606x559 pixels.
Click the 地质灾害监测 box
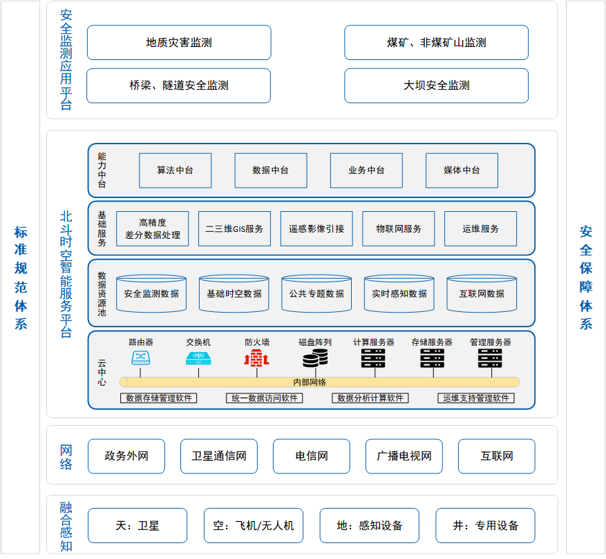point(179,43)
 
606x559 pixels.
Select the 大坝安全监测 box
point(436,86)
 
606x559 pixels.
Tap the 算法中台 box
point(175,170)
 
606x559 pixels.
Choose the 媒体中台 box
point(462,170)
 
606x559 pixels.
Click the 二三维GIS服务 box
point(234,228)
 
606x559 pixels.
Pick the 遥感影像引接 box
point(316,228)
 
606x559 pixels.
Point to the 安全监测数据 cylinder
point(151,293)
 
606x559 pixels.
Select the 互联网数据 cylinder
point(482,293)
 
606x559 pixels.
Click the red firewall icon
point(256,358)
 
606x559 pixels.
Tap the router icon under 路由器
point(141,358)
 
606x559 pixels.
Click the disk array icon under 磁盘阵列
point(315,358)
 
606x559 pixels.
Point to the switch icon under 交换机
point(198,358)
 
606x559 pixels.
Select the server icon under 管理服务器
point(490,358)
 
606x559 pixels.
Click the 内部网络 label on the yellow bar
point(310,382)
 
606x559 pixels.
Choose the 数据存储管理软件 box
point(159,398)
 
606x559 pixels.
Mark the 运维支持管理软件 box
point(476,398)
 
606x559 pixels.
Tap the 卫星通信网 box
point(219,456)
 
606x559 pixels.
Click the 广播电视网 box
point(404,456)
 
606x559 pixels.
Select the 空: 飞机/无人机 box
point(254,525)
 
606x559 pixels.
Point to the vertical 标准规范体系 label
point(21,278)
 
